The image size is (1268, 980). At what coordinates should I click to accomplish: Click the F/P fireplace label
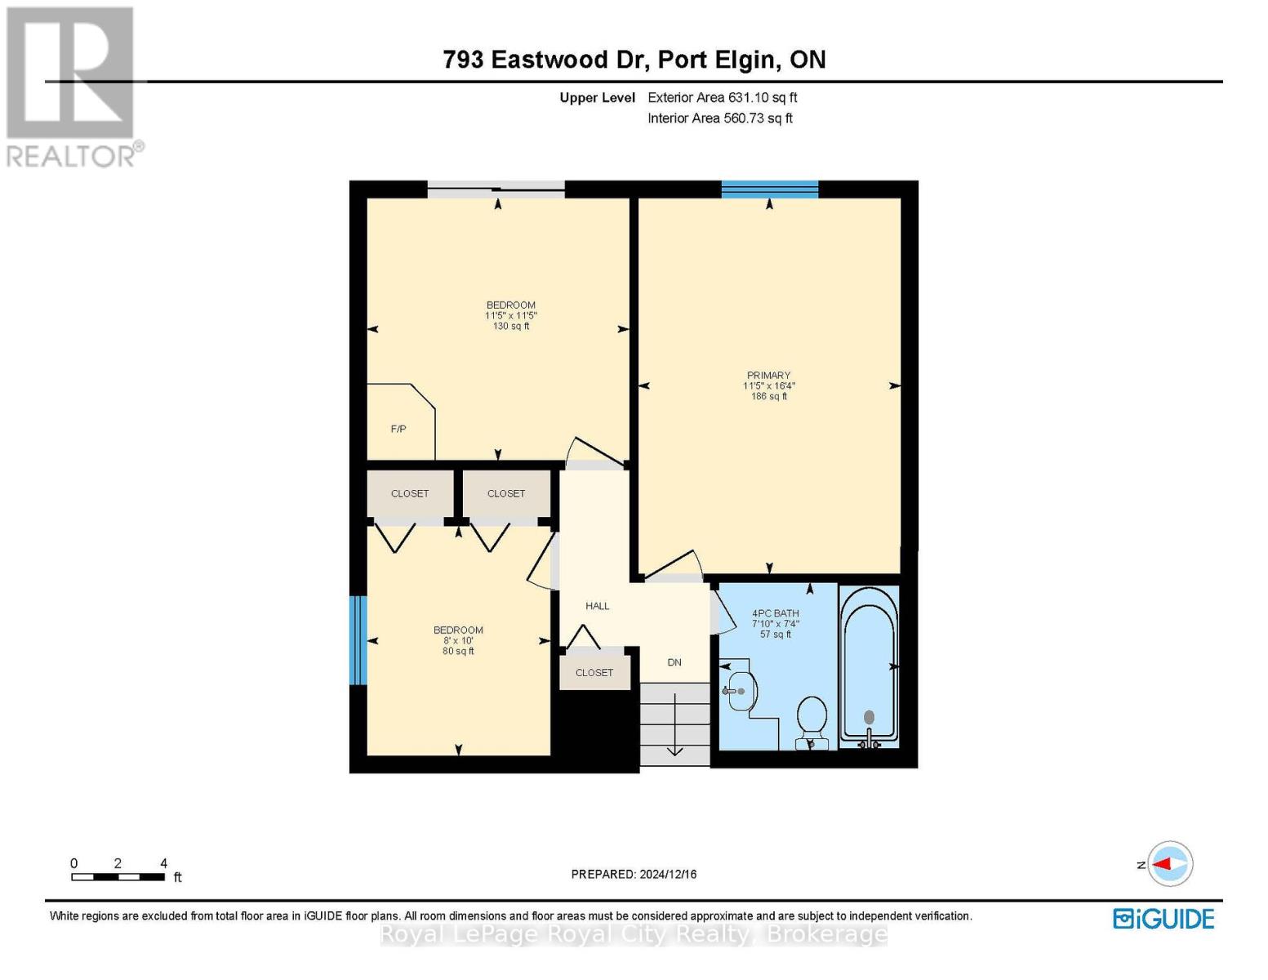(398, 429)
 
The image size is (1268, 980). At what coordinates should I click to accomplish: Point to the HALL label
(597, 606)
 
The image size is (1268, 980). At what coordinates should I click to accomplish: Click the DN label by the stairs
(674, 662)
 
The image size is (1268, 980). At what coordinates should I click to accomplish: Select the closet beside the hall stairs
(594, 673)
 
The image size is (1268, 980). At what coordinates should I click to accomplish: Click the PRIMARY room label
(768, 376)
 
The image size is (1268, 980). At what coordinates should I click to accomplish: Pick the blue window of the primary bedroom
(769, 189)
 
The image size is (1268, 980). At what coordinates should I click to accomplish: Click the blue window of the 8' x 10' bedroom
(358, 640)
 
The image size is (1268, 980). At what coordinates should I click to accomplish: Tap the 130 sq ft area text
(511, 326)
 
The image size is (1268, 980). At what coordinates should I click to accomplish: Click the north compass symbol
(1170, 863)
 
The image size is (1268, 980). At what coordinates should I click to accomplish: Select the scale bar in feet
(118, 877)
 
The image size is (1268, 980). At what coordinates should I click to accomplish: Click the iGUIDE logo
(1163, 919)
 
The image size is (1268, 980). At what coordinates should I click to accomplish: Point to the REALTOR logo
(72, 86)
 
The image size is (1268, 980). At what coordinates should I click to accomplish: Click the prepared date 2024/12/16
(634, 874)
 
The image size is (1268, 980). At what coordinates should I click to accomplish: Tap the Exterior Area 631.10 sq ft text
(722, 97)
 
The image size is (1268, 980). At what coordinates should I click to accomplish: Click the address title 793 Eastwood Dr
(634, 60)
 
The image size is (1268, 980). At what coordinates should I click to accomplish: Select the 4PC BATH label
(775, 613)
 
